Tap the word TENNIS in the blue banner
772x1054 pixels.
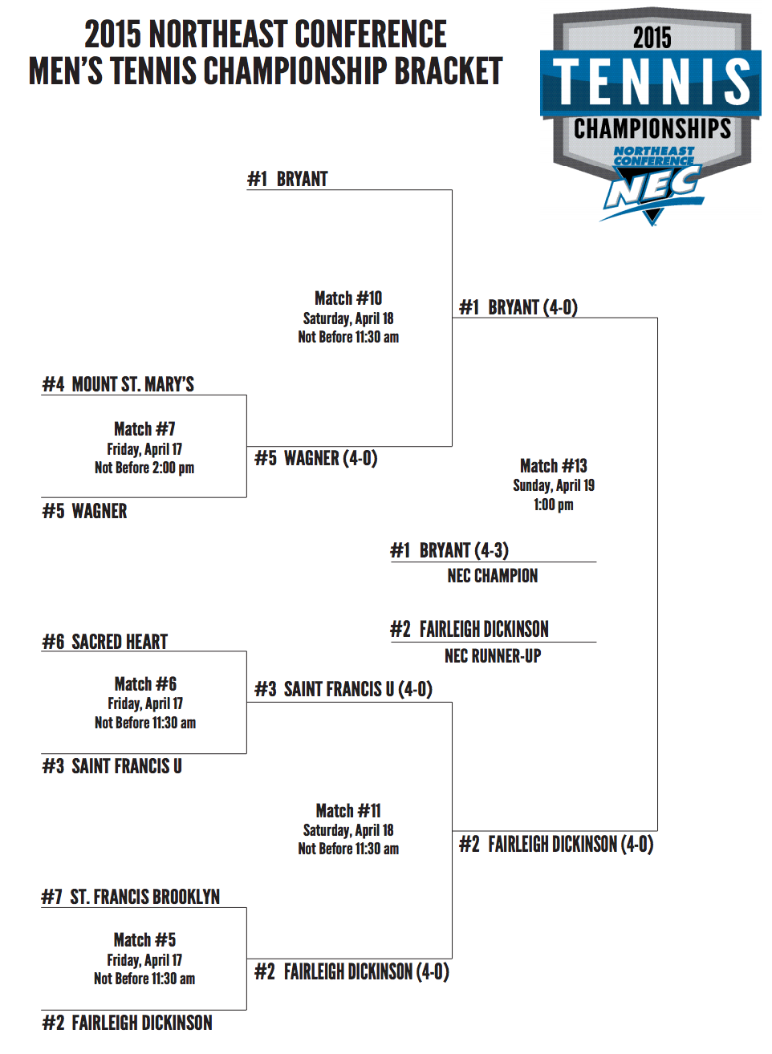pos(652,82)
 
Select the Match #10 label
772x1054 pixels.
pos(348,298)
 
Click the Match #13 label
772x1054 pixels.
pos(554,466)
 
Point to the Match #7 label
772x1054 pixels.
pos(144,429)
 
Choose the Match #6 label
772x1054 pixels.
pos(145,684)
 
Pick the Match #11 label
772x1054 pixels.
pos(348,811)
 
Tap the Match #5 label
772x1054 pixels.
pos(144,940)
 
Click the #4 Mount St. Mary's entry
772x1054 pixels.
pos(118,384)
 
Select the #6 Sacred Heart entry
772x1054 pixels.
pos(105,642)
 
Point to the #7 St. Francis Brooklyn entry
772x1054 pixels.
pos(131,897)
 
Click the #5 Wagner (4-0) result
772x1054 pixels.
pos(316,458)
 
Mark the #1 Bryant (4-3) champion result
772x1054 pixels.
pos(449,550)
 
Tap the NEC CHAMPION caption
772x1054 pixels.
pos(493,576)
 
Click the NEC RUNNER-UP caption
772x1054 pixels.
pos(493,656)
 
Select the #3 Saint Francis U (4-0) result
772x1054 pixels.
pos(343,689)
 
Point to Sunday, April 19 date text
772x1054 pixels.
pos(554,485)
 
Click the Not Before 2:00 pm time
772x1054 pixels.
pos(144,468)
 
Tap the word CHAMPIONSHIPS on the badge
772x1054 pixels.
pos(652,129)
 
